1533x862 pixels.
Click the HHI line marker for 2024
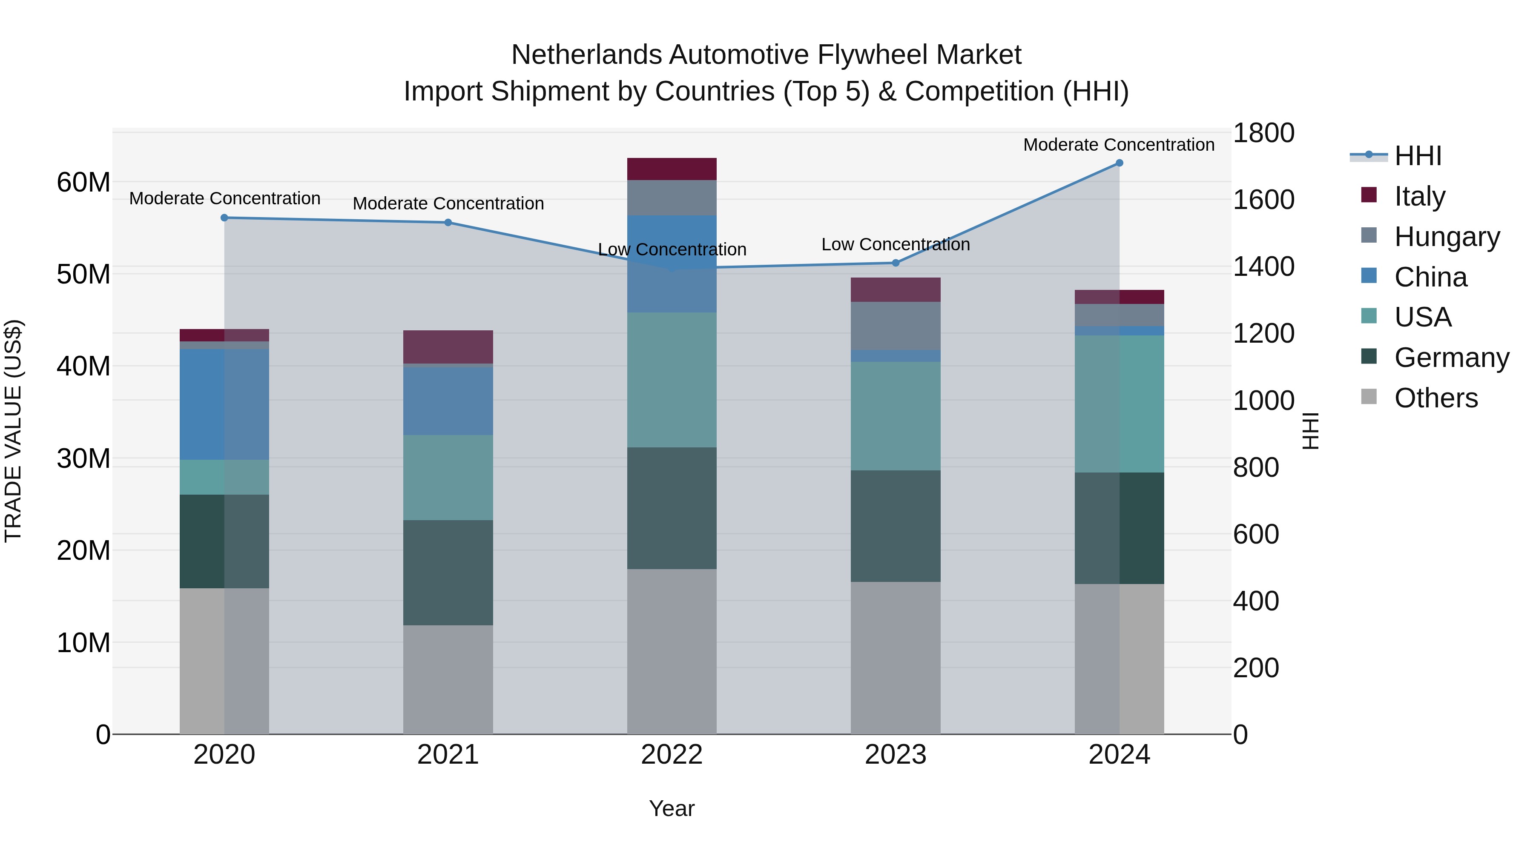coord(1119,163)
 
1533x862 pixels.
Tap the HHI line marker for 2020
coord(224,218)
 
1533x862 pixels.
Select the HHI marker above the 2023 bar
coord(896,263)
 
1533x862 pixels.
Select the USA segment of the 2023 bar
coord(896,416)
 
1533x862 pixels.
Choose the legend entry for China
coord(1430,277)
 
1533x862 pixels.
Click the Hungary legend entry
coord(1446,237)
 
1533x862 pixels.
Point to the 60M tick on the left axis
coord(83,182)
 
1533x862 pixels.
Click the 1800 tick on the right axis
coord(1263,133)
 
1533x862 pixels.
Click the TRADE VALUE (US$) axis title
coord(13,431)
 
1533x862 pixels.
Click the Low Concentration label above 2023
coord(896,244)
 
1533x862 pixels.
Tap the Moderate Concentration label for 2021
coord(448,203)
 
